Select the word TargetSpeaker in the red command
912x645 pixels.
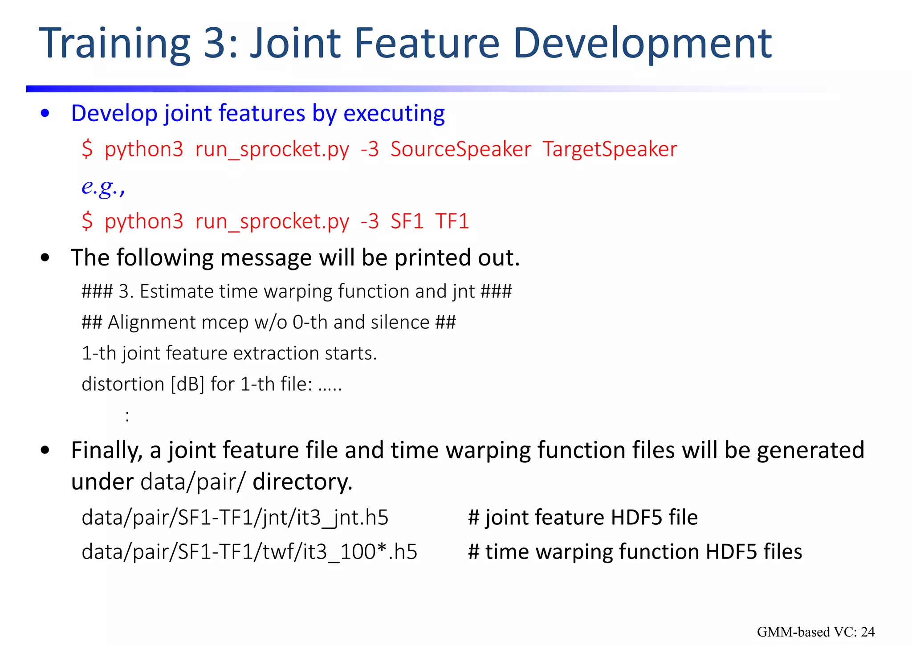tap(610, 149)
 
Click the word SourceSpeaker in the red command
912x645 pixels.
tap(460, 149)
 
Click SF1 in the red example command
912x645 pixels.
tap(407, 221)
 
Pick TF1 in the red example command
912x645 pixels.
tap(452, 221)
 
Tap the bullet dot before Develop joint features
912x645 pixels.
tap(45, 114)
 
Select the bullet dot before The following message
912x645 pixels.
tap(45, 258)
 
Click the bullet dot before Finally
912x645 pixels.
tap(45, 450)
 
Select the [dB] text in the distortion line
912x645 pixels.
tap(187, 384)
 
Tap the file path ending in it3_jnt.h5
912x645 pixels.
tap(235, 518)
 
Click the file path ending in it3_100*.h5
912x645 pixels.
tap(249, 552)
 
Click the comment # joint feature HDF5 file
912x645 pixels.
tap(582, 518)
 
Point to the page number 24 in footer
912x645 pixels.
tap(867, 632)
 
